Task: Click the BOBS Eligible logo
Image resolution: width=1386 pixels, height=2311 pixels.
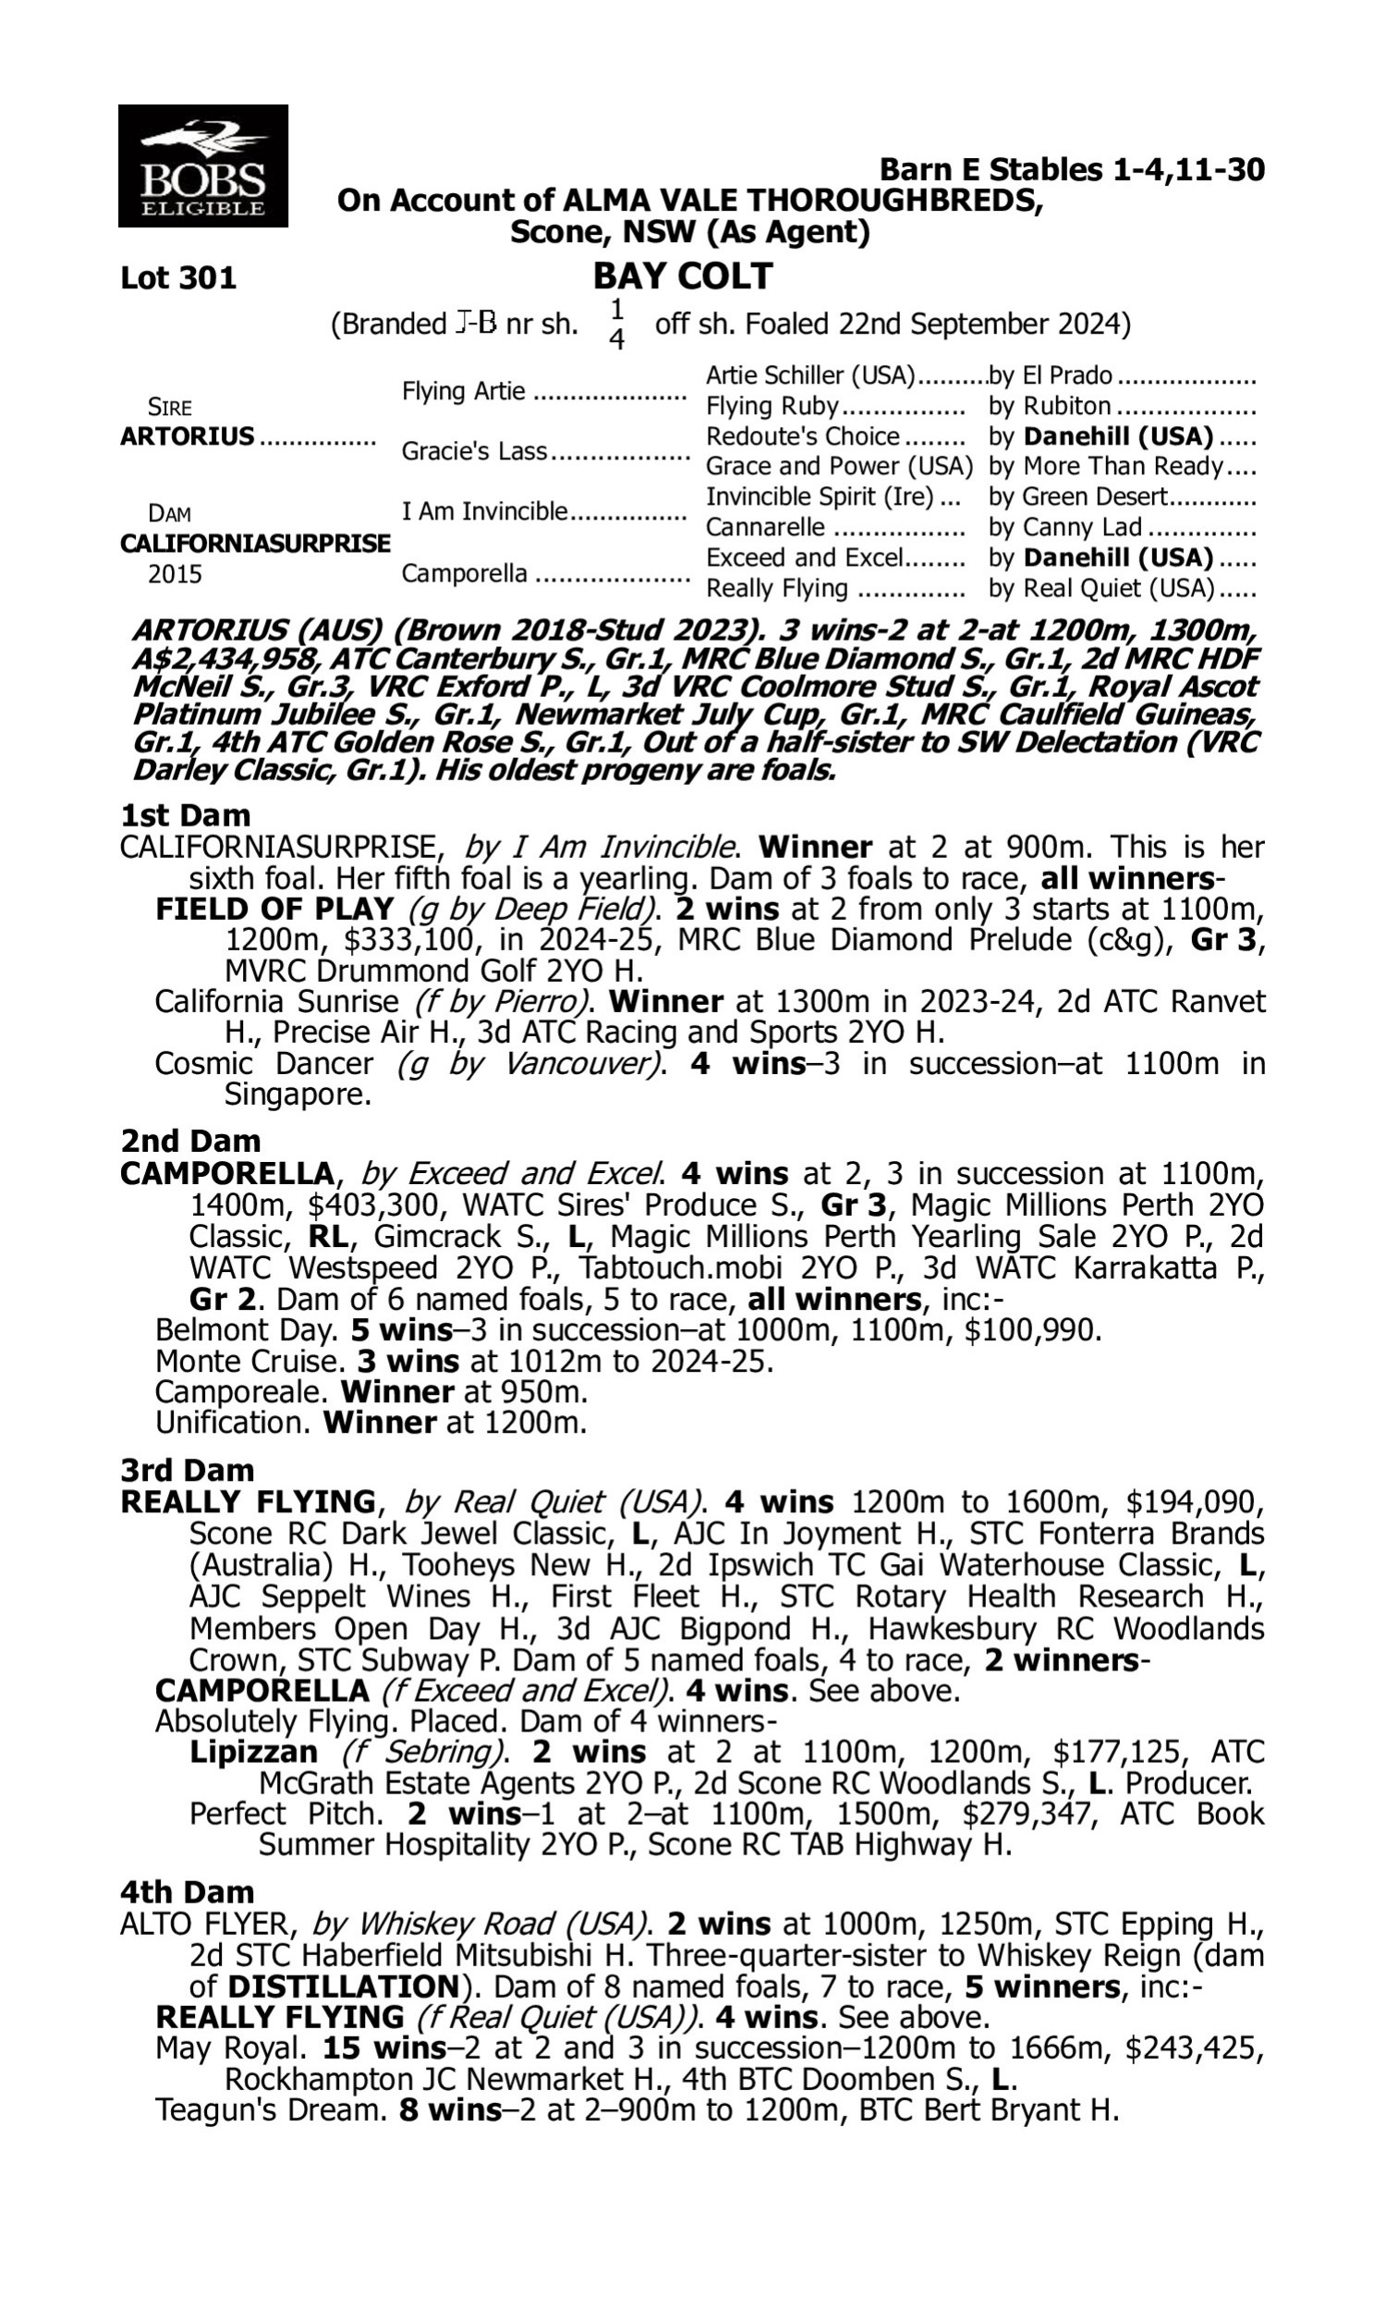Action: pos(202,165)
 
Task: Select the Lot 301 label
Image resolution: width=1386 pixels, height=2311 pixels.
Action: pos(178,278)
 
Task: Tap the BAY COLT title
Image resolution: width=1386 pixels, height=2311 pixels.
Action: pos(683,276)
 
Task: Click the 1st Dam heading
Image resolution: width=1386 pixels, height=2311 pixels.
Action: pos(185,815)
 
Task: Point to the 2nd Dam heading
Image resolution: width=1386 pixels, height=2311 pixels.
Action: pos(189,1141)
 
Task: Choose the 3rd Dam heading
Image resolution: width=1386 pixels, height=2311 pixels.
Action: pos(187,1471)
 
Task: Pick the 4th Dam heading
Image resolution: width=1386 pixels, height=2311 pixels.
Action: pos(187,1891)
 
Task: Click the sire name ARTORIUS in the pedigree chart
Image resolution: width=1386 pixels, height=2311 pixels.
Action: pos(187,436)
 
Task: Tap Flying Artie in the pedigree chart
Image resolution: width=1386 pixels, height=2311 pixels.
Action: pos(463,391)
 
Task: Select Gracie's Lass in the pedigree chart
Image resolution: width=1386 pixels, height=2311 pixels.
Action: pos(473,451)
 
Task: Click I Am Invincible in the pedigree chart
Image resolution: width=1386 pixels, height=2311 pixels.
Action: pos(484,512)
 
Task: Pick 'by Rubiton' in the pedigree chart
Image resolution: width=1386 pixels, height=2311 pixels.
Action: pos(1049,407)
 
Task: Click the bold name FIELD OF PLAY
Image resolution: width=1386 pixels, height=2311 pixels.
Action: pos(274,909)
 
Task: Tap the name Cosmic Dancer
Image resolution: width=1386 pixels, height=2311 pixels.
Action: pos(263,1064)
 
